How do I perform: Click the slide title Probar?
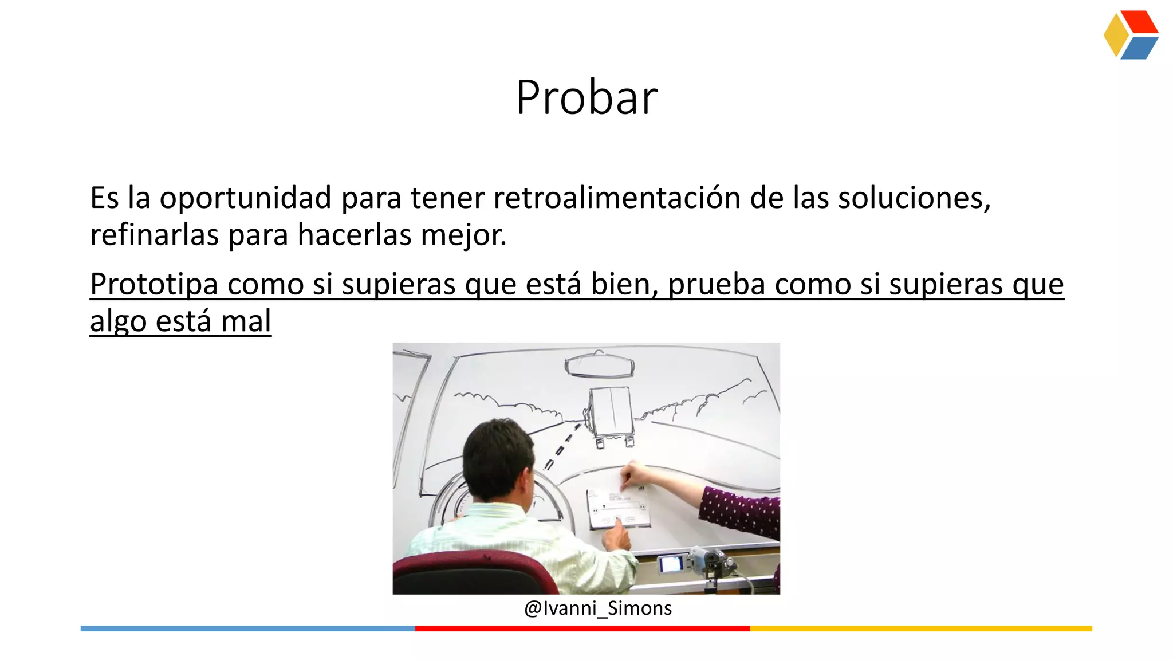(x=586, y=97)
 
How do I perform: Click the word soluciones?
(x=914, y=198)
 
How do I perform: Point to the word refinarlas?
(x=154, y=235)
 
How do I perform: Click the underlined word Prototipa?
(x=153, y=285)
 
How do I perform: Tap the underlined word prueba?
(x=717, y=285)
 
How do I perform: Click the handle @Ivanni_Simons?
(x=597, y=608)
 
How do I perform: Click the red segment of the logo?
(x=1140, y=22)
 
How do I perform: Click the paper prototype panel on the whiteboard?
(x=617, y=509)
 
